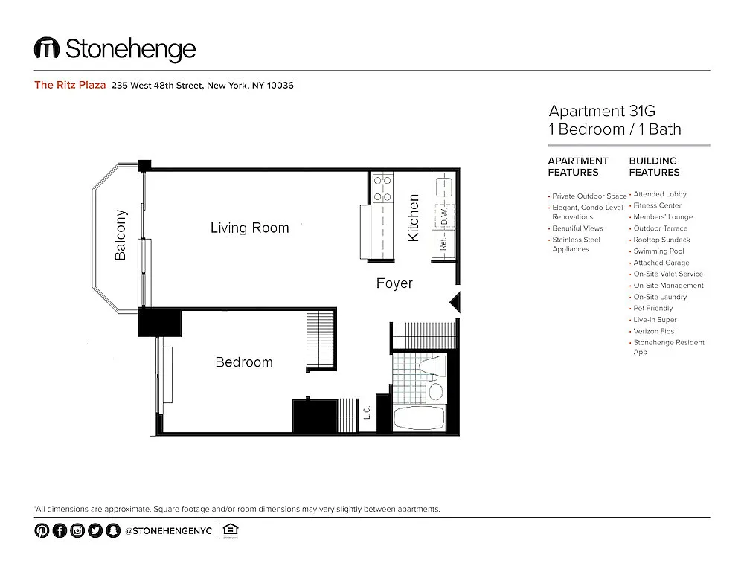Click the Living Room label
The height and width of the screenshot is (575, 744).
(x=249, y=228)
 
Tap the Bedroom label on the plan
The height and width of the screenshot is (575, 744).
(x=244, y=362)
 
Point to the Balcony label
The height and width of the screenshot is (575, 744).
(x=120, y=235)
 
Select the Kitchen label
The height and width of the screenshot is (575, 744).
(x=413, y=218)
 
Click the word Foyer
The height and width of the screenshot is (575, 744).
(x=394, y=283)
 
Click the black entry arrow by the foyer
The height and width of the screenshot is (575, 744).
(x=455, y=302)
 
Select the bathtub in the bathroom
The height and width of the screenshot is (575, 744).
(x=419, y=419)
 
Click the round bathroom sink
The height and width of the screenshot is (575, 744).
(x=435, y=391)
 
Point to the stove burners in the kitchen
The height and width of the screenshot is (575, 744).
(x=382, y=188)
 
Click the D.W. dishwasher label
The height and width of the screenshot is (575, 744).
(x=444, y=216)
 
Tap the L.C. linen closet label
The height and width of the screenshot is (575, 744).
(x=367, y=412)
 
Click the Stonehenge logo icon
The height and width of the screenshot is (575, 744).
(x=46, y=48)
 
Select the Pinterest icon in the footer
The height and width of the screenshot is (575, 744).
(x=42, y=530)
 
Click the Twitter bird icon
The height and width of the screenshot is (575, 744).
(x=95, y=530)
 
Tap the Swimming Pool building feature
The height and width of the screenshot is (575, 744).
(x=658, y=251)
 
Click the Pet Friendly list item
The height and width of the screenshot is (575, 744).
(x=653, y=308)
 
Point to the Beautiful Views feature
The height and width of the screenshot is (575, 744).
(x=577, y=228)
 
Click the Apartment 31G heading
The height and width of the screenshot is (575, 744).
(x=602, y=111)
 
